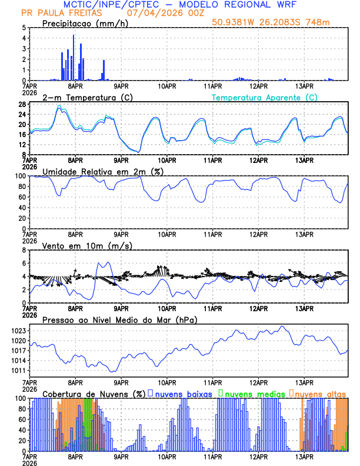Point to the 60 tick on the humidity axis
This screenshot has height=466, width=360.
[21, 197]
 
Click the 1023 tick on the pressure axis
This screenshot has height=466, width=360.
[18, 331]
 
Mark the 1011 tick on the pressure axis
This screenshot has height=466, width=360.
[18, 371]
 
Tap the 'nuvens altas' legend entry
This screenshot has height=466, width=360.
[320, 394]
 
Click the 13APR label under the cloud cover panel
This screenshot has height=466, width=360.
[304, 456]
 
